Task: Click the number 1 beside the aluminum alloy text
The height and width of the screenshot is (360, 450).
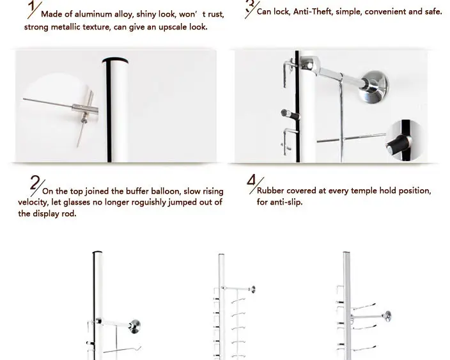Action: click(31, 8)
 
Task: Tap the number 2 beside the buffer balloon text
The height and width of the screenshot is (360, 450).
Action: click(35, 184)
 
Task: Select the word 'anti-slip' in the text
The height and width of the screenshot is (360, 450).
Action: click(288, 202)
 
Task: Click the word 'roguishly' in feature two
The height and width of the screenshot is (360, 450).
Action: click(134, 202)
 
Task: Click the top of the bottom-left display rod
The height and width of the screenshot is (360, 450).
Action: click(98, 254)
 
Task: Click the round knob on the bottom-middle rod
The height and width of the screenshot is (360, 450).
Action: click(253, 290)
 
